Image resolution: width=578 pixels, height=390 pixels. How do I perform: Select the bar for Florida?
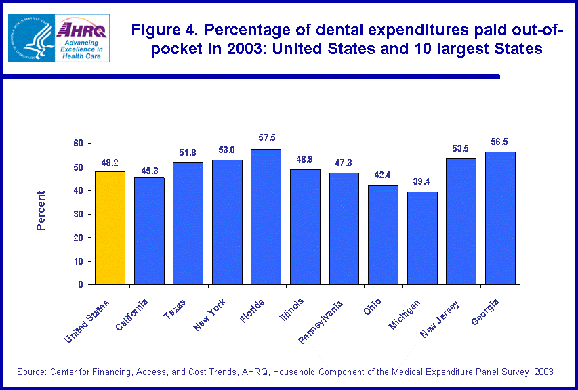point(266,217)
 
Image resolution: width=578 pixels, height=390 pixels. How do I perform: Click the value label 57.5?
point(267,138)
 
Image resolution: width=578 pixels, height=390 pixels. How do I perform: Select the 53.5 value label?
point(461,148)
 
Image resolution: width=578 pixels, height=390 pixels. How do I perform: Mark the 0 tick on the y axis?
point(81,285)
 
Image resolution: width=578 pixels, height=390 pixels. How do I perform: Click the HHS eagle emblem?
point(30,37)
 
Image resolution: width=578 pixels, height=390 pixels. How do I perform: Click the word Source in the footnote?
point(35,372)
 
